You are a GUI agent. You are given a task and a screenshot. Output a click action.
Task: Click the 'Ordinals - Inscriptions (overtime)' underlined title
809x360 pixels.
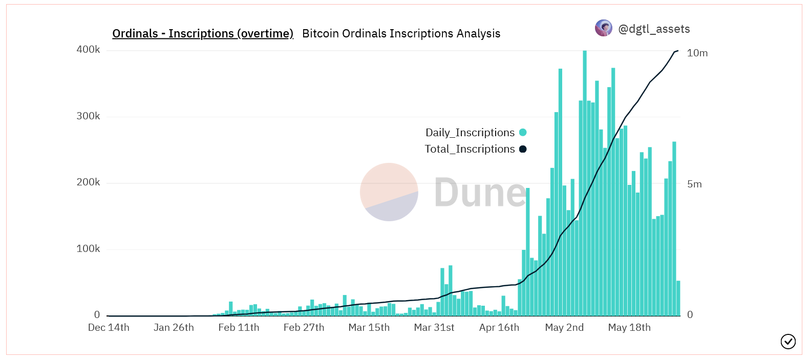(203, 34)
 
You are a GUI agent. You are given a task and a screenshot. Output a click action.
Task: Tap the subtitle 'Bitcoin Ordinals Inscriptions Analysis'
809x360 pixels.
(401, 34)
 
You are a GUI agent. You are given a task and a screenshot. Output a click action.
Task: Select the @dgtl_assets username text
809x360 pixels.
(654, 29)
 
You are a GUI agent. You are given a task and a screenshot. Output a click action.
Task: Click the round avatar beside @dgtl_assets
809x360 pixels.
(604, 28)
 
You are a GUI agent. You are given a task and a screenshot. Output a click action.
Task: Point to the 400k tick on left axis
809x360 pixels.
(88, 50)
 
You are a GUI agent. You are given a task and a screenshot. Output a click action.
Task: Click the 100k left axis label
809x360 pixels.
(88, 249)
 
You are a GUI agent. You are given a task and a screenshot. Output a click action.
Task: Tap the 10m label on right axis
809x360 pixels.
(697, 53)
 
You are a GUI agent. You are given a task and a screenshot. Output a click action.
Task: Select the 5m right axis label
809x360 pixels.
(694, 184)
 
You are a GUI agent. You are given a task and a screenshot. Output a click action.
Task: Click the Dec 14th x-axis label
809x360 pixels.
(109, 328)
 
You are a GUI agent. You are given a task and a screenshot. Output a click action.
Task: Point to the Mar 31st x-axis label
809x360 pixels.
(434, 328)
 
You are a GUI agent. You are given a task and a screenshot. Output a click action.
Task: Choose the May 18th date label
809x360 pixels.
(629, 328)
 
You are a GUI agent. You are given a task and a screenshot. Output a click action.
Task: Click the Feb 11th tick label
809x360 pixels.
(239, 328)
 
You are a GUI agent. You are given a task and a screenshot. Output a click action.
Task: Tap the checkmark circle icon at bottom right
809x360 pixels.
(788, 342)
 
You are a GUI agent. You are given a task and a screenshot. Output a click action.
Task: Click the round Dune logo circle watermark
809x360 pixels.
(389, 192)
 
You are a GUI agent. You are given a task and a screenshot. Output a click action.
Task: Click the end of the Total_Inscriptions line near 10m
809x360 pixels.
(677, 51)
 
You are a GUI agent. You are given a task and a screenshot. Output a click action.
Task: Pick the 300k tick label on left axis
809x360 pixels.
(88, 116)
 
